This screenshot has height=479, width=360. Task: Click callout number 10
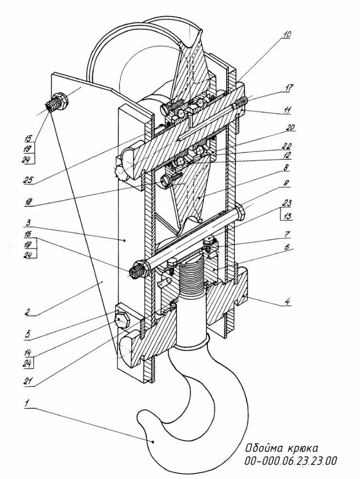pyautogui.click(x=286, y=34)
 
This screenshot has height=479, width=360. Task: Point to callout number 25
pyautogui.click(x=28, y=180)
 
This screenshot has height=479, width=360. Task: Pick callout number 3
pyautogui.click(x=28, y=223)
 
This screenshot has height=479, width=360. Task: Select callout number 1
pyautogui.click(x=27, y=404)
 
